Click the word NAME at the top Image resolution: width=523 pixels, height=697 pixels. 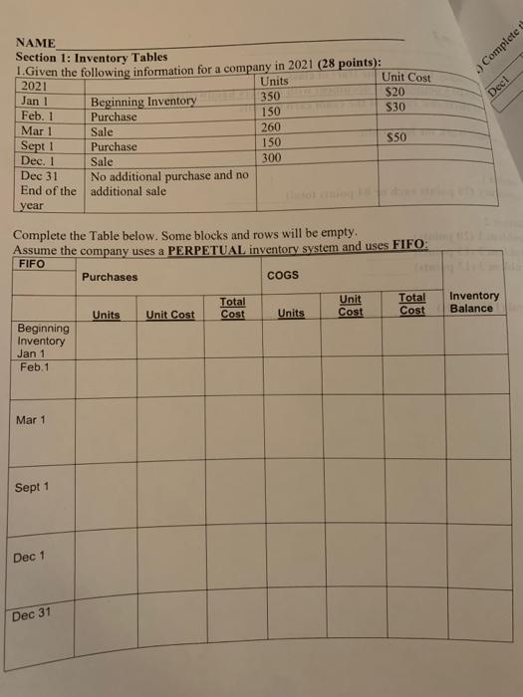point(36,44)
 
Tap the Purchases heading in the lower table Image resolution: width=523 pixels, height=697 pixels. point(110,277)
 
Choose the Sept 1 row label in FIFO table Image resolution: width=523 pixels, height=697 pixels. point(32,488)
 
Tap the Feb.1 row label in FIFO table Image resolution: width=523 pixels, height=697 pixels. point(35,366)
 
